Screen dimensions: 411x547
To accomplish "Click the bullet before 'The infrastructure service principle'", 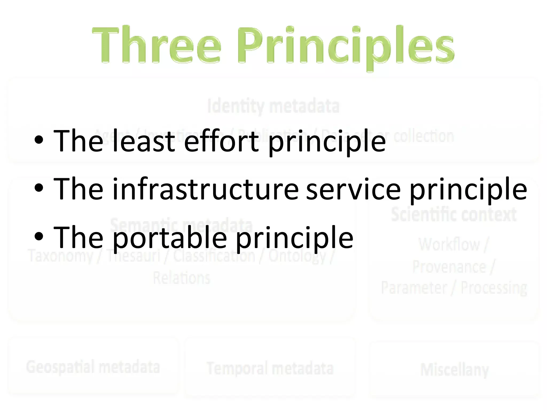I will point(39,188).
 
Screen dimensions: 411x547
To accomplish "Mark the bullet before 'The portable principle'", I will point(39,237).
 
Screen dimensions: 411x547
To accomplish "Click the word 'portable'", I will point(170,238).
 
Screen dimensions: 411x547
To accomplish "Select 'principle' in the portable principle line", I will point(295,238).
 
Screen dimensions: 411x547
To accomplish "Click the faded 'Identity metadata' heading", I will point(273,106).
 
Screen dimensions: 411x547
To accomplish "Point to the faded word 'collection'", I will point(424,136).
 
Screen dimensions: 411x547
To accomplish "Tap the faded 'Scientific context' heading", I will point(454,214).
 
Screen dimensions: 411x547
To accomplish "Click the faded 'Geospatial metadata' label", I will point(93,367).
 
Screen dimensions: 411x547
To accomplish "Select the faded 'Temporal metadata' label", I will point(270,368).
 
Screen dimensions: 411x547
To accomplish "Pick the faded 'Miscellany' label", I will point(454,370).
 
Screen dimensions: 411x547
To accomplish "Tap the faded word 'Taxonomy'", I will point(61,256).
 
